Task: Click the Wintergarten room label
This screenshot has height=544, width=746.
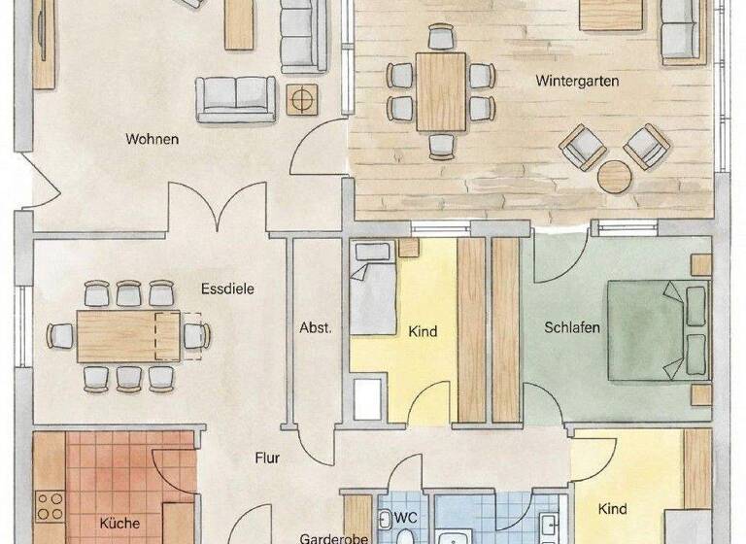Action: [577, 83]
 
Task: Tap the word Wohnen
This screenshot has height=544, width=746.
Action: [153, 139]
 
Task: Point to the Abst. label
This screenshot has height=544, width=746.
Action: [316, 327]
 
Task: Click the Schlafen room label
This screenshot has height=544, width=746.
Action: [571, 327]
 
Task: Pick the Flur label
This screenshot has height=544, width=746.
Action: [269, 457]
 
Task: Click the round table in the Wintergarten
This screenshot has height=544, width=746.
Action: [615, 178]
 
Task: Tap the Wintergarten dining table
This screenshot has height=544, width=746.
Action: [442, 91]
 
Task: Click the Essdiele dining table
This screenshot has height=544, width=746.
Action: [128, 336]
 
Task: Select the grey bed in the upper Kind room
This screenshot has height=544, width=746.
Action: [372, 291]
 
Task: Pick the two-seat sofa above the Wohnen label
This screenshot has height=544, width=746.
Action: [236, 97]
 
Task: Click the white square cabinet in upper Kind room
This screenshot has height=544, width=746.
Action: [368, 398]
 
